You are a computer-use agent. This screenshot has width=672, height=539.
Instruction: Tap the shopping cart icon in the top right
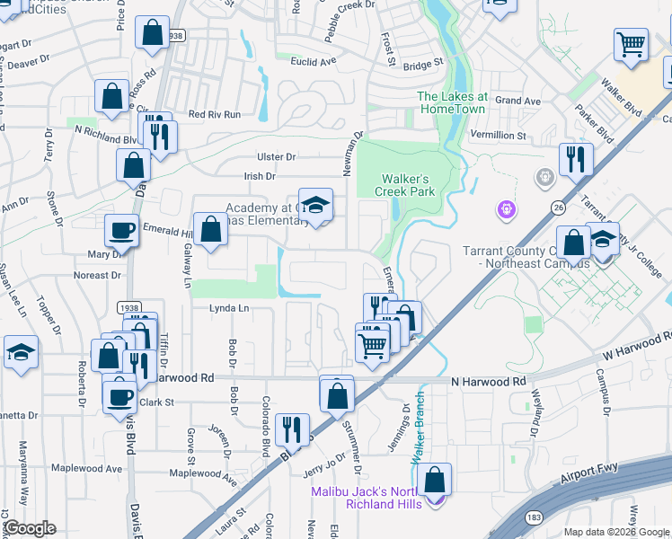coord(632,44)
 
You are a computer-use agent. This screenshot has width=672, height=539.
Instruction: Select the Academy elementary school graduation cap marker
coord(315,206)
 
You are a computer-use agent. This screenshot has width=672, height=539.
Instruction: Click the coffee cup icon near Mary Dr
coord(122,231)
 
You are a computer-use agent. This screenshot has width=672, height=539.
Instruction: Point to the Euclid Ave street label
coord(313,61)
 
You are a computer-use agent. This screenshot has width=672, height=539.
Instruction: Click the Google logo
coord(29,528)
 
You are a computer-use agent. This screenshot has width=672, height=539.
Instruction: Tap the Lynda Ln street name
coord(228,308)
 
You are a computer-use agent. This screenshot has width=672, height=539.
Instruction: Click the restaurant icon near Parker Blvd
coord(574,160)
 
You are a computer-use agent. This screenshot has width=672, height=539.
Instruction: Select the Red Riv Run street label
coord(214,114)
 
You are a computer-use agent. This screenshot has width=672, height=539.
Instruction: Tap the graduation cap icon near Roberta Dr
coord(21,353)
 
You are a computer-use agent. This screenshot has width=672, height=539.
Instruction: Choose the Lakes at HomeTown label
coord(452,102)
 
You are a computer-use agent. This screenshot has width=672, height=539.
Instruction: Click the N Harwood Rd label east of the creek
coord(488,382)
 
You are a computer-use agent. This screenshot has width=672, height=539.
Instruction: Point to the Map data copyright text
coord(616,532)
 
